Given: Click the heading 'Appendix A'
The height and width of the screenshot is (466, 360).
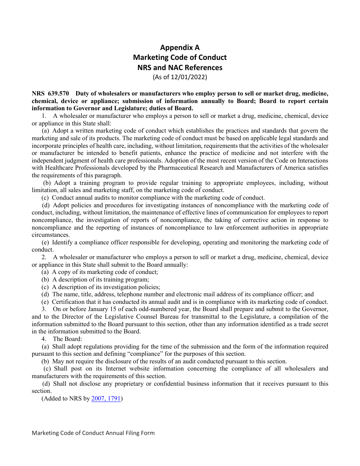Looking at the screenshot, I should click(x=180, y=47).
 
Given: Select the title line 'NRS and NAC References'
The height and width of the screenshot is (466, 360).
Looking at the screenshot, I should click(x=180, y=67).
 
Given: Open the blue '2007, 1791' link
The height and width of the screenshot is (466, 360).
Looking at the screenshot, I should click(x=106, y=399).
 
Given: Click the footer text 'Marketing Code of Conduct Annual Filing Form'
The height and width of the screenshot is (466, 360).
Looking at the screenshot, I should click(x=93, y=433).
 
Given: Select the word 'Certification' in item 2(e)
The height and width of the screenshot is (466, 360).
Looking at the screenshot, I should click(x=68, y=302).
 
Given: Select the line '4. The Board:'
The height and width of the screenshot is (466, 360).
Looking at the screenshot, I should click(x=62, y=339).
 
